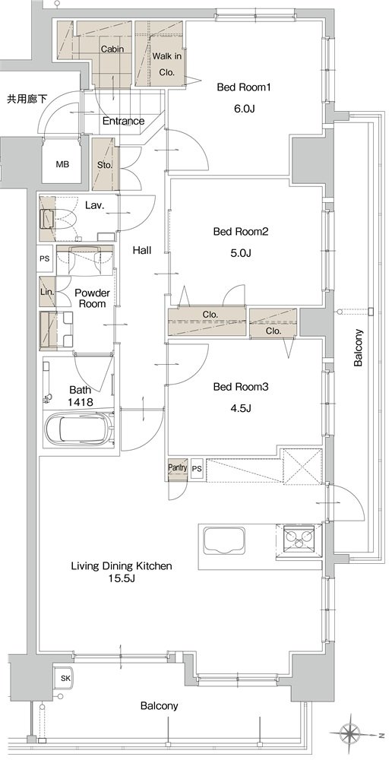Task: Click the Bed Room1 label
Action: pyautogui.click(x=243, y=87)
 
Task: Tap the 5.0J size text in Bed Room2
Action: pyautogui.click(x=241, y=252)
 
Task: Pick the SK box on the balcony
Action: pyautogui.click(x=65, y=678)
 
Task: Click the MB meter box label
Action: pyautogui.click(x=62, y=164)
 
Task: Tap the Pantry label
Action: pyautogui.click(x=177, y=467)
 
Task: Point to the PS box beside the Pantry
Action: pyautogui.click(x=197, y=469)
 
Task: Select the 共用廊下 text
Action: pyautogui.click(x=27, y=99)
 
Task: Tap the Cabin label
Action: pyautogui.click(x=112, y=49)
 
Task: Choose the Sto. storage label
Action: pyautogui.click(x=105, y=165)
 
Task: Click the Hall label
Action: pyautogui.click(x=143, y=251)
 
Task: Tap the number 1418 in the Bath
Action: pyautogui.click(x=80, y=402)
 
